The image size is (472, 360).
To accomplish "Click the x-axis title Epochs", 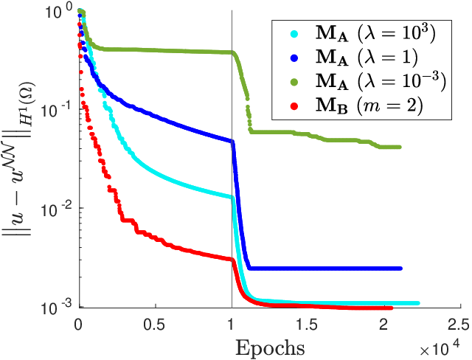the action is coord(270,348).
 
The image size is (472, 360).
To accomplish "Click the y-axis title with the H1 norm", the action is coord(18,159).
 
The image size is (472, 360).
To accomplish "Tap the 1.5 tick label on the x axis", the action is coord(307,325).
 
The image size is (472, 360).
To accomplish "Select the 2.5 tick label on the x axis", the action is coord(459,325).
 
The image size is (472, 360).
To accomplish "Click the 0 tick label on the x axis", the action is coord(79,325).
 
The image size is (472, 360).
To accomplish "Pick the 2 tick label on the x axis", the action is coord(383,325).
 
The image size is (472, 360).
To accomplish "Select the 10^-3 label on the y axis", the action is coord(57,307).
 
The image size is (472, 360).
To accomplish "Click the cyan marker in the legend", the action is coord(294,34).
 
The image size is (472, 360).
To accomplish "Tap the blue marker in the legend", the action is coord(294,58).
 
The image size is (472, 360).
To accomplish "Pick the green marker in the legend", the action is coord(294,82).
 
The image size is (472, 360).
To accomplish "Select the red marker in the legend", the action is coord(294,105).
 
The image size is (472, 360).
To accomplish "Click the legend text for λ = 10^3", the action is coord(375,33).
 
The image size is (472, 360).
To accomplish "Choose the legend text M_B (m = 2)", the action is coord(369,106).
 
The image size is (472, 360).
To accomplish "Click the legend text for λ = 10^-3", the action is coord(381,81).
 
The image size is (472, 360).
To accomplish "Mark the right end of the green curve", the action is coord(399,147).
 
